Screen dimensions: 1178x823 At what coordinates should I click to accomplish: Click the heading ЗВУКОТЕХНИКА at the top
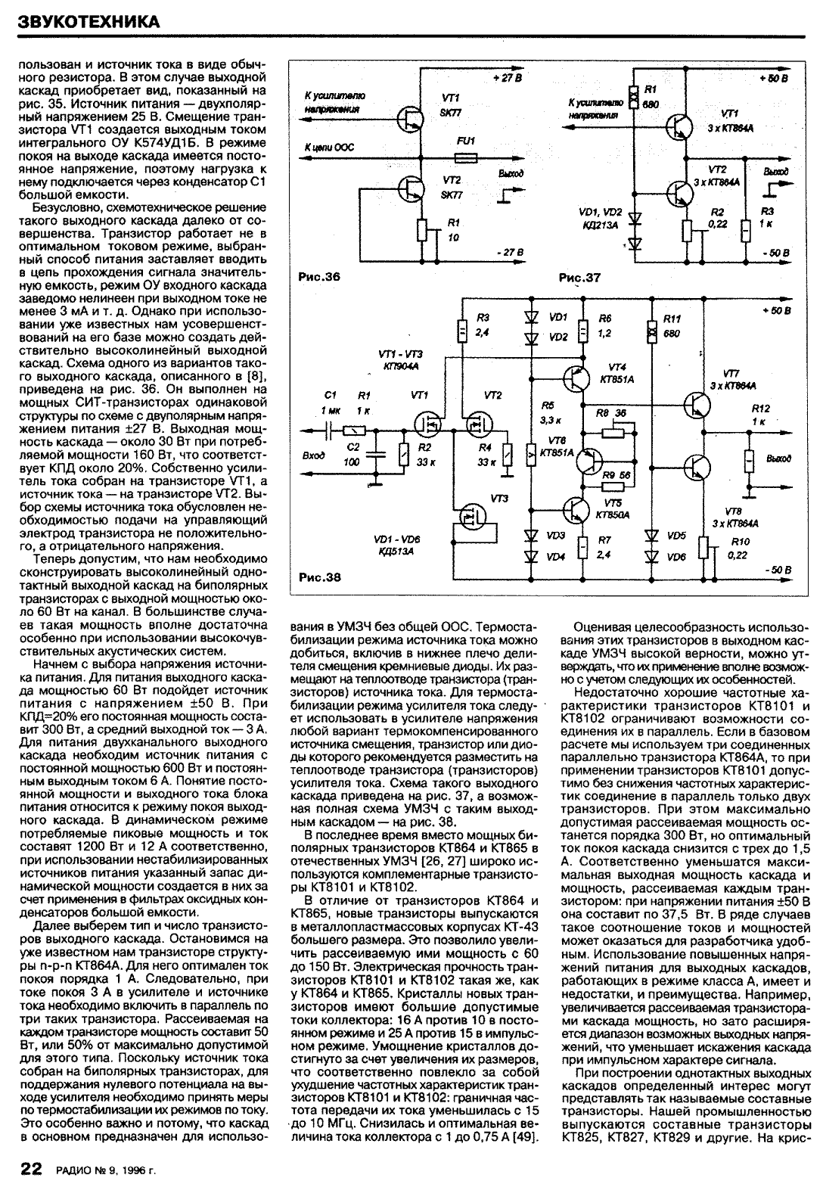(89, 21)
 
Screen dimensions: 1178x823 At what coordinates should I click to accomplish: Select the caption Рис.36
(320, 277)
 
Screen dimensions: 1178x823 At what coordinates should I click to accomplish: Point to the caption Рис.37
(580, 278)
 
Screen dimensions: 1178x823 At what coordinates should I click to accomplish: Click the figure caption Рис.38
(320, 578)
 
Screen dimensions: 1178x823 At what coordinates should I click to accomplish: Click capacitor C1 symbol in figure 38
(331, 430)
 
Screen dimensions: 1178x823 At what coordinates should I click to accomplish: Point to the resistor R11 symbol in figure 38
(650, 331)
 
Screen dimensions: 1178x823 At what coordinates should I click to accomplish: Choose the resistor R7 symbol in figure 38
(582, 546)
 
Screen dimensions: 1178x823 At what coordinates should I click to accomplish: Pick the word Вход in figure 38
(312, 456)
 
